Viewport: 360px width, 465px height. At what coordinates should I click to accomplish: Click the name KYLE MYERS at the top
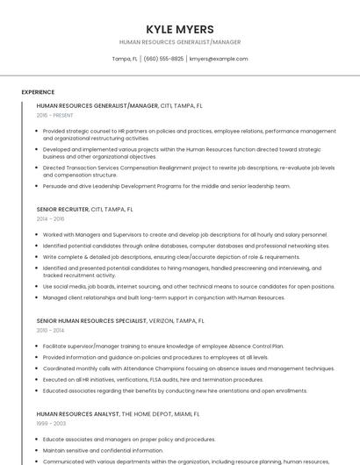[179, 29]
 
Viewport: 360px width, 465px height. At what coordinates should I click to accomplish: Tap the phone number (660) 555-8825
[163, 59]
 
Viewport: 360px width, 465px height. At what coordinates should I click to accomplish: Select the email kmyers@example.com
[219, 59]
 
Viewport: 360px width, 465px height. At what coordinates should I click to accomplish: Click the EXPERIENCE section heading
[38, 91]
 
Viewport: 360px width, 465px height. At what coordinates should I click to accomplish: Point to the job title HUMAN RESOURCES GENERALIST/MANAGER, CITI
[119, 105]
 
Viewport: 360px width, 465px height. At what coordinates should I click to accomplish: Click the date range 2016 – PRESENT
[54, 115]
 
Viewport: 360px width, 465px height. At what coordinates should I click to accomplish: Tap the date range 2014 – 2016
[50, 218]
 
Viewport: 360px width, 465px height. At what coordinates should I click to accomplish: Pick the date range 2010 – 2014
[50, 330]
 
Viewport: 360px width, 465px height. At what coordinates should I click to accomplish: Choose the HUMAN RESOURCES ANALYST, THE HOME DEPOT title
[118, 413]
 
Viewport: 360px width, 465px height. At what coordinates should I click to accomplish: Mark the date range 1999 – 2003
[50, 423]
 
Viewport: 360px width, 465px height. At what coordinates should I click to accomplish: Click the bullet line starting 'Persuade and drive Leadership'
[166, 186]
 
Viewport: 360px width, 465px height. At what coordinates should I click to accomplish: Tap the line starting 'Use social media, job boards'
[189, 286]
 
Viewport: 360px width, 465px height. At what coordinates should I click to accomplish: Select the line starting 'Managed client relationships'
[164, 297]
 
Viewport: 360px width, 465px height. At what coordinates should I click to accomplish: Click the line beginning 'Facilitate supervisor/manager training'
[163, 347]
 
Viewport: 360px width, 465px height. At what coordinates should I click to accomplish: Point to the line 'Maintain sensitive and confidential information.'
[103, 450]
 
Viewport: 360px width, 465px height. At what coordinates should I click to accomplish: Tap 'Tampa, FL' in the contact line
[125, 59]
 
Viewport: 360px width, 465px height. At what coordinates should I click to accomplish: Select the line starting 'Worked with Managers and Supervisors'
[185, 235]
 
